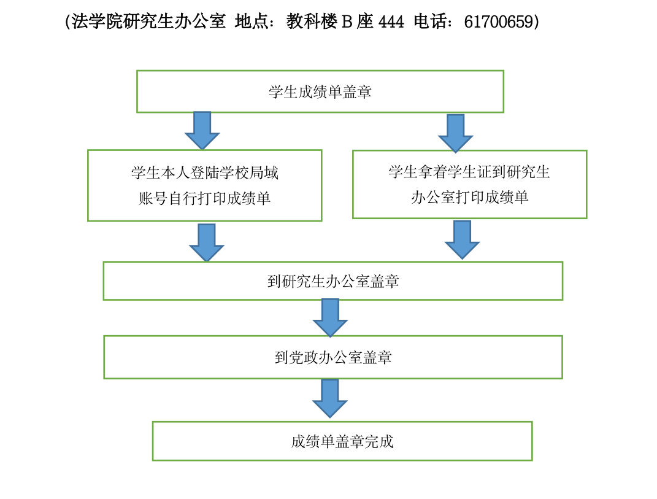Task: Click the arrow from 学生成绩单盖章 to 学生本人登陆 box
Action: [x=202, y=130]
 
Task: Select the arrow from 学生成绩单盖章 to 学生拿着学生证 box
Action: [x=455, y=133]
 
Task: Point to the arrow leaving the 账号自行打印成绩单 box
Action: [x=207, y=242]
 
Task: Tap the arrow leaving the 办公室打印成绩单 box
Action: [x=462, y=240]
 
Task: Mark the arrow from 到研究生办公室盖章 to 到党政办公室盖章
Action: [x=330, y=318]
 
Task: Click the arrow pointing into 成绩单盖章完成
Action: [x=330, y=399]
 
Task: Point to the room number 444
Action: [x=391, y=21]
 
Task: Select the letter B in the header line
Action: [x=347, y=22]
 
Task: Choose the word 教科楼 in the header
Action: [x=312, y=21]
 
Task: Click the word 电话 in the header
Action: [x=430, y=21]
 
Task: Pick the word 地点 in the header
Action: [x=252, y=21]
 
